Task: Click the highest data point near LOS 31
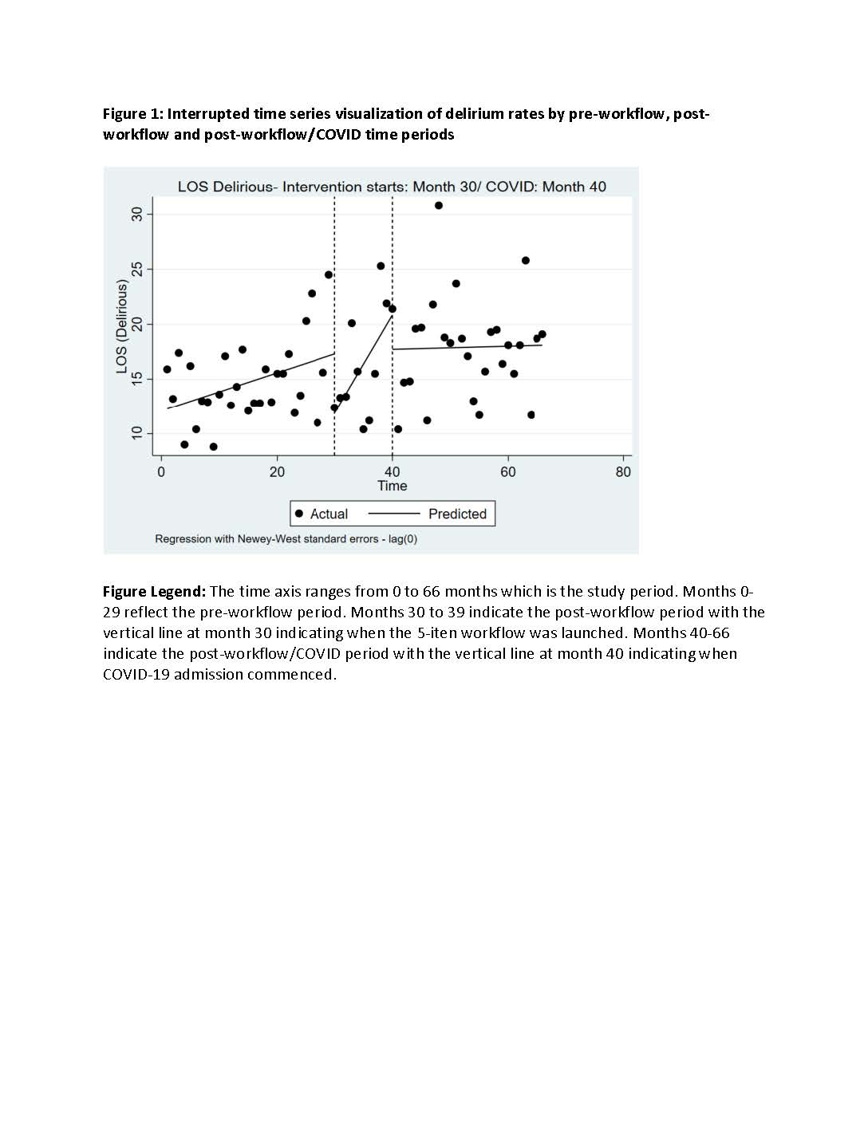click(439, 206)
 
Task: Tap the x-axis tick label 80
click(623, 472)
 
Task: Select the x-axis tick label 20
click(277, 472)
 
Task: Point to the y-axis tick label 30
click(137, 214)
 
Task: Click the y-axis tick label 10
click(137, 433)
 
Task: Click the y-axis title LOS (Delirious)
click(122, 327)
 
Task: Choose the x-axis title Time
click(392, 486)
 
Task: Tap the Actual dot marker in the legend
click(299, 514)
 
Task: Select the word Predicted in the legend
click(457, 514)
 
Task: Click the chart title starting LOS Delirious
click(392, 187)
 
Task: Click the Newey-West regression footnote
click(286, 539)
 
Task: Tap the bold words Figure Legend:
click(154, 592)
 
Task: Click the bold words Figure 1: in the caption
click(132, 114)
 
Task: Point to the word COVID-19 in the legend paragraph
click(136, 675)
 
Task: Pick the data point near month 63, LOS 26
click(526, 261)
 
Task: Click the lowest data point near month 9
click(213, 447)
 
